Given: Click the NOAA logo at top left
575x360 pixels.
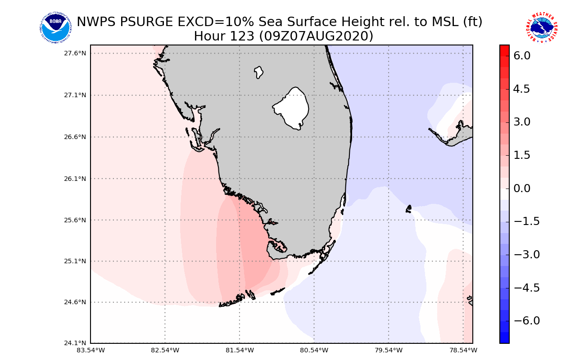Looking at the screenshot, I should click(x=55, y=28).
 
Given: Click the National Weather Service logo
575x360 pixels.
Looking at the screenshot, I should click(x=541, y=28).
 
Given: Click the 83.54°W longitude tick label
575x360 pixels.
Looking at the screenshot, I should click(x=91, y=350).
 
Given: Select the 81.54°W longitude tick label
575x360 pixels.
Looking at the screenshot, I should click(x=240, y=350).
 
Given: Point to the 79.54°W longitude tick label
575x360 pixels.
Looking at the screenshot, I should click(x=389, y=350).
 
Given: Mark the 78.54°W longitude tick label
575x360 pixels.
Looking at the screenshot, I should click(x=463, y=350).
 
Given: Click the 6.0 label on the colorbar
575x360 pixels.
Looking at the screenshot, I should click(x=522, y=56).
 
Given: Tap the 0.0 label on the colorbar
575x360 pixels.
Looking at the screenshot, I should click(x=522, y=188).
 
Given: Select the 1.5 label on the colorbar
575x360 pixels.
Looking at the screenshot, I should click(x=522, y=155).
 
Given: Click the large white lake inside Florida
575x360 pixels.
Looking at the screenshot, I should click(x=293, y=108).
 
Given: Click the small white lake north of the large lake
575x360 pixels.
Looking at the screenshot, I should click(x=258, y=72).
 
